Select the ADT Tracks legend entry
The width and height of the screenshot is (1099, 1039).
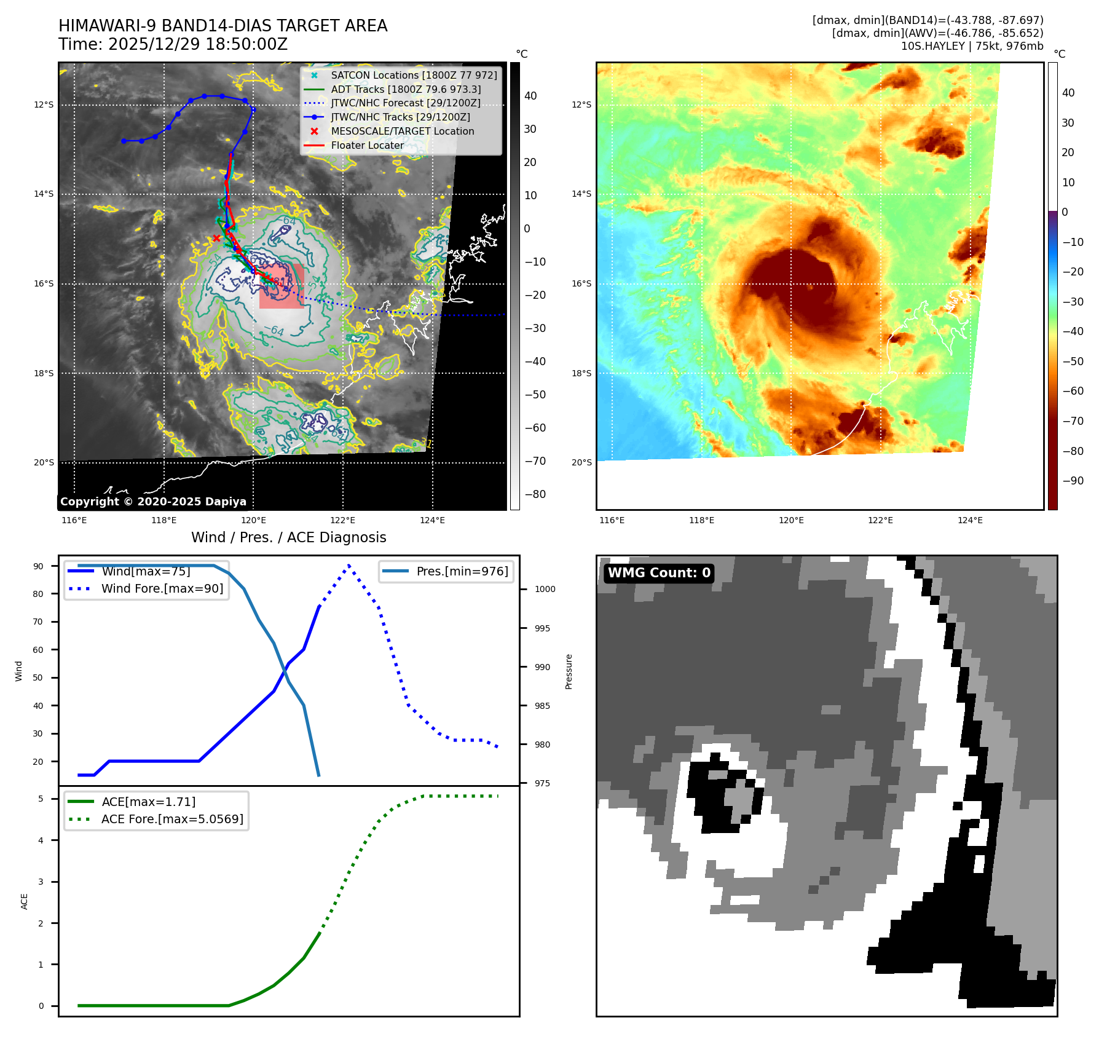click(405, 89)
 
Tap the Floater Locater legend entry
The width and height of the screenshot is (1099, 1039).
click(367, 145)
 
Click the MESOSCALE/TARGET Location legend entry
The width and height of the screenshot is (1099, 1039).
click(402, 131)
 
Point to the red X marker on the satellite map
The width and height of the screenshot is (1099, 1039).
click(216, 239)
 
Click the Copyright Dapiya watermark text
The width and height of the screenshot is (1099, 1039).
click(153, 502)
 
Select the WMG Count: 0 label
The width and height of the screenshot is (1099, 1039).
click(659, 573)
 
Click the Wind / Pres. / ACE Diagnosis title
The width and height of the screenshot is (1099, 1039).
click(288, 537)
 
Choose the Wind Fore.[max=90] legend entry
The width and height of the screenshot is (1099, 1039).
click(162, 588)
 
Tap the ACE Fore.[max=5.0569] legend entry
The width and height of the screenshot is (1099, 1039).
click(171, 819)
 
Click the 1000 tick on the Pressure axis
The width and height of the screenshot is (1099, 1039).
click(545, 589)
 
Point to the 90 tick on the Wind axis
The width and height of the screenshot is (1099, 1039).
click(39, 566)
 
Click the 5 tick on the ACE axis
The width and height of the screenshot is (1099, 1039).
click(41, 799)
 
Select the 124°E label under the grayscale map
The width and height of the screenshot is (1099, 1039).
click(432, 520)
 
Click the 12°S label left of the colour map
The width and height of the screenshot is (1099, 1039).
click(581, 105)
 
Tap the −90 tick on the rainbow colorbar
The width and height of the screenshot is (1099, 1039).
click(1073, 481)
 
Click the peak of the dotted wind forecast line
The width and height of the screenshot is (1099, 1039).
click(349, 565)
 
